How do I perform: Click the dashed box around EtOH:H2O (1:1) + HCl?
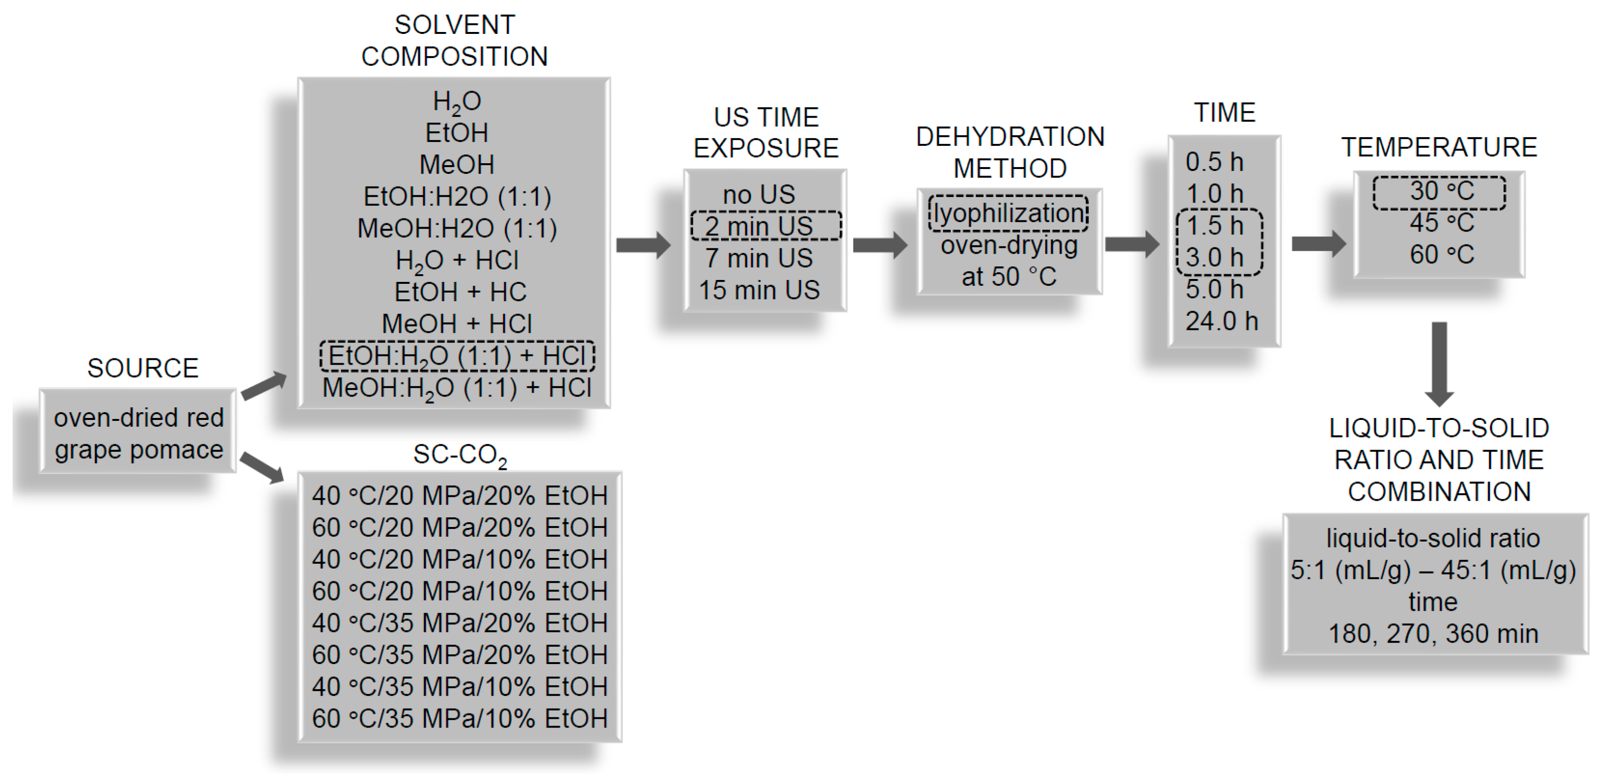point(457,356)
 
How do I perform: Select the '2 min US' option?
point(765,226)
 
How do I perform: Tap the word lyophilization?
point(1008,213)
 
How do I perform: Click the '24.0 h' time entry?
point(1221,321)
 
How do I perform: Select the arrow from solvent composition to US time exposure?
point(644,245)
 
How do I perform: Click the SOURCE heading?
point(143,368)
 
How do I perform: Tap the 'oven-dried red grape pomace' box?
point(138,433)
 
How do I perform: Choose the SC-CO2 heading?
point(460,455)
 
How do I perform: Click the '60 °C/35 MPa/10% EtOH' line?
point(459,718)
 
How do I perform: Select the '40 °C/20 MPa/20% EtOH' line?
point(459,495)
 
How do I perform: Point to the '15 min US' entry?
point(759,290)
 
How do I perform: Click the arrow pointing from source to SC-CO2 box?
point(262,467)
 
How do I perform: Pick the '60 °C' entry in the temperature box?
point(1441,255)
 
